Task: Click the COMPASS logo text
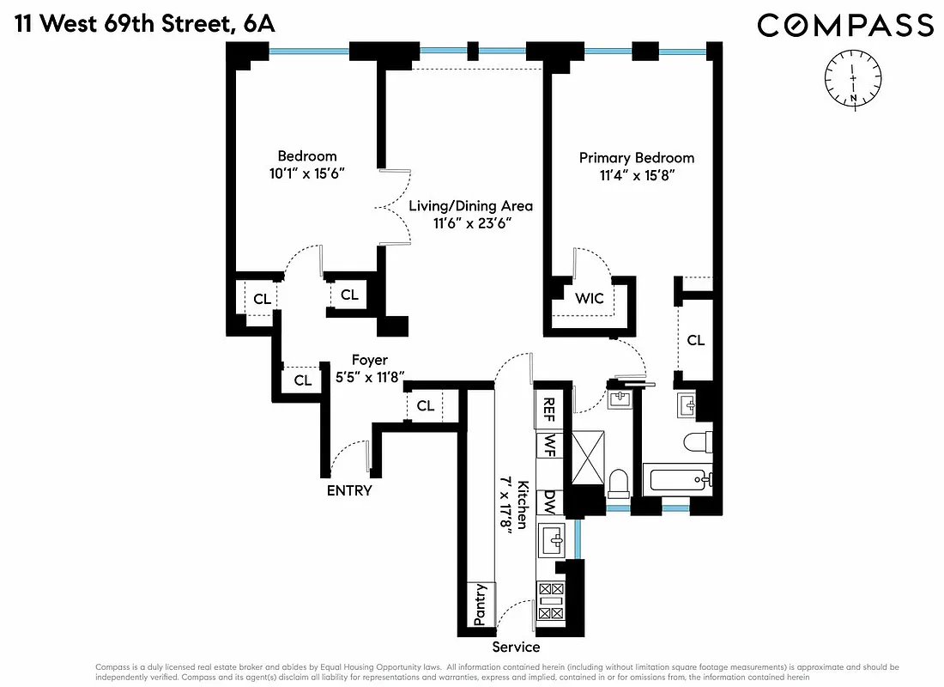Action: (844, 25)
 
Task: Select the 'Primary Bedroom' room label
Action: (636, 158)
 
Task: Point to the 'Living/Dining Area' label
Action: (470, 206)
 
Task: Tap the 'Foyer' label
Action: (369, 361)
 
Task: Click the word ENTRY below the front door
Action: (349, 490)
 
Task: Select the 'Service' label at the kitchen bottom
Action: (516, 647)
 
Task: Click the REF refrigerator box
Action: (547, 410)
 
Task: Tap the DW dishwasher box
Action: (547, 502)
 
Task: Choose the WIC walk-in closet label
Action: (589, 299)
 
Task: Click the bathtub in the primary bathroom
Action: (681, 479)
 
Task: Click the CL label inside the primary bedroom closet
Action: (695, 340)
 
